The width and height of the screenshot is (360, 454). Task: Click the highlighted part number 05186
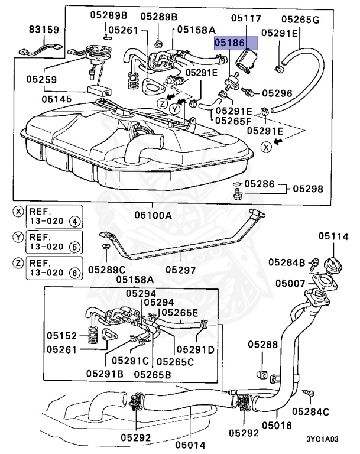pos(235,43)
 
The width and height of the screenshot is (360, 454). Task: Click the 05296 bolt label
pos(277,93)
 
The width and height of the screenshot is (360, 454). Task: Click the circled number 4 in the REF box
pos(74,222)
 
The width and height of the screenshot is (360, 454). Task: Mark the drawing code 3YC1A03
pos(323,439)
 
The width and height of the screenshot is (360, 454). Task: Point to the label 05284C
pos(310,411)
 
